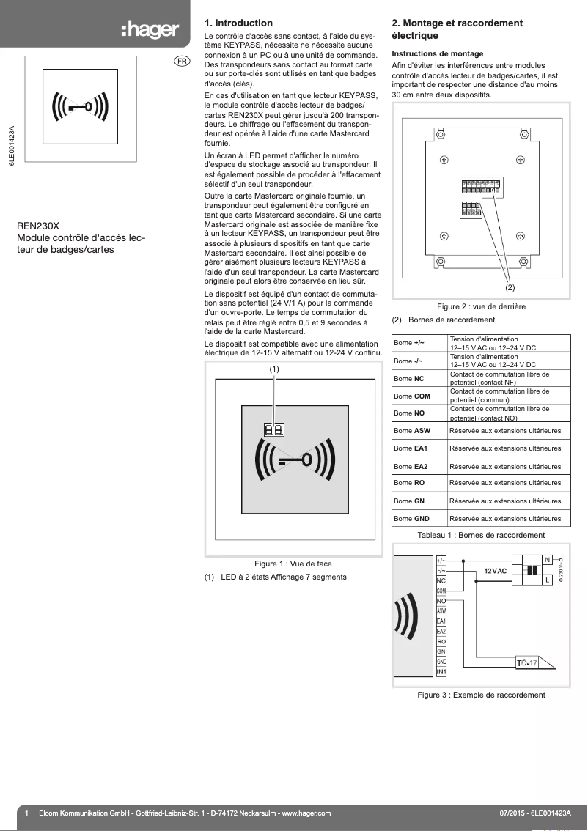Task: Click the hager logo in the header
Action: click(150, 30)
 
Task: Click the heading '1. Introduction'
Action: click(238, 23)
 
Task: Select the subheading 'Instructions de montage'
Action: click(438, 54)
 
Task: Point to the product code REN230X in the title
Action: click(38, 226)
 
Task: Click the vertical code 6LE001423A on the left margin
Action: click(12, 147)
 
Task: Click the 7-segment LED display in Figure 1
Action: click(274, 429)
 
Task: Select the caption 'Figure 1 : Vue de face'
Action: click(293, 564)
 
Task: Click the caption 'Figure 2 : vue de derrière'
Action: click(481, 306)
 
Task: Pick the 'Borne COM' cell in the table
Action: click(412, 396)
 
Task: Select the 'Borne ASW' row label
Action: click(411, 431)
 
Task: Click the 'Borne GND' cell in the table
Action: click(411, 519)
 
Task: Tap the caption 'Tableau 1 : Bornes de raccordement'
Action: click(481, 535)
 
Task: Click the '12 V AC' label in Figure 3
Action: click(496, 571)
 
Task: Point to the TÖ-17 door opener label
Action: click(527, 663)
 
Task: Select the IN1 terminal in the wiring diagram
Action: click(441, 672)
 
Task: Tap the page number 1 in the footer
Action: click(26, 813)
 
